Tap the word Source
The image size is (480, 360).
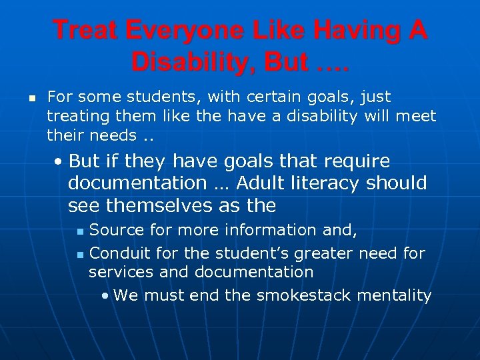pyautogui.click(x=117, y=231)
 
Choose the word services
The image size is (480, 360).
pyautogui.click(x=115, y=272)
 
